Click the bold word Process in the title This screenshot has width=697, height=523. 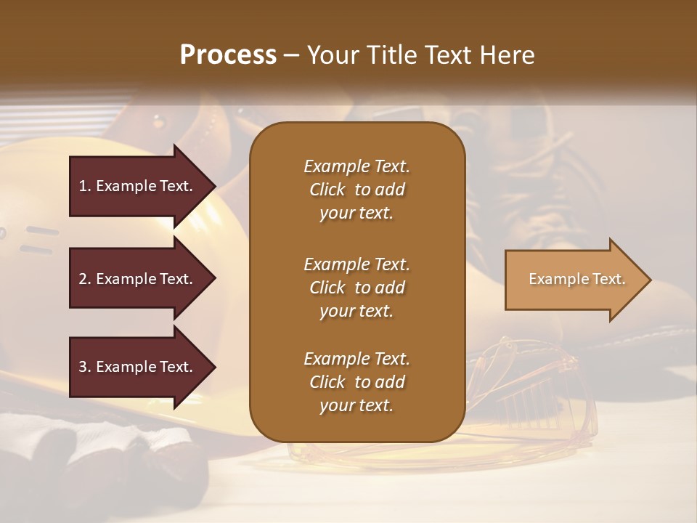(228, 54)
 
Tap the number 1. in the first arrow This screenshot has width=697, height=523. (85, 186)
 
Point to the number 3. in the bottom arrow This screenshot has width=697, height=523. (85, 367)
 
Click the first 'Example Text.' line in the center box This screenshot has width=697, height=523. (356, 166)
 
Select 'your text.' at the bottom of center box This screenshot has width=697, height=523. (356, 405)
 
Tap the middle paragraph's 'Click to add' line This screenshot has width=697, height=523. (356, 288)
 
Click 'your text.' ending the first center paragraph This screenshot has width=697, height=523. (356, 214)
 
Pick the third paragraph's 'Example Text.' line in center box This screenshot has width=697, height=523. (356, 359)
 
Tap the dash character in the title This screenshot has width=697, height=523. (292, 55)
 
